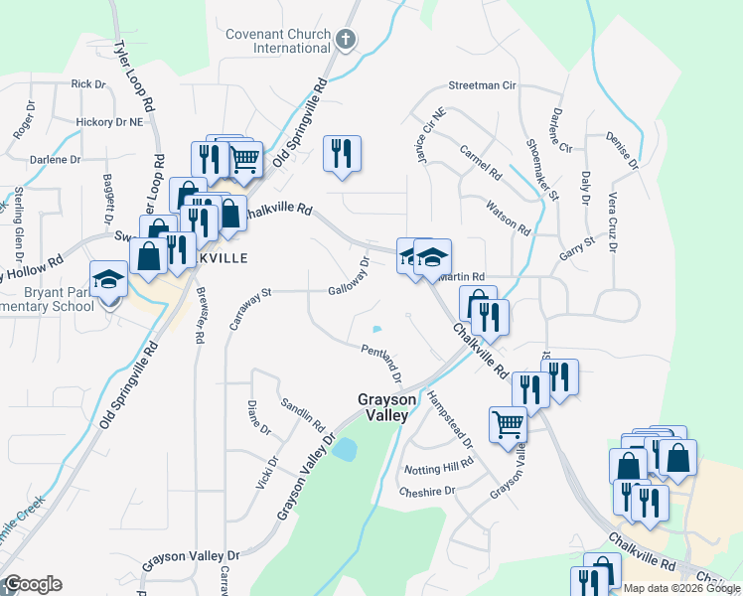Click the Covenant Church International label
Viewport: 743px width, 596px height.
click(277, 40)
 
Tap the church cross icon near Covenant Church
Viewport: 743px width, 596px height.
click(345, 40)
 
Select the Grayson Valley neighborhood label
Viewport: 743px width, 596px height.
click(382, 407)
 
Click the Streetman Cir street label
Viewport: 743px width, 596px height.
click(482, 85)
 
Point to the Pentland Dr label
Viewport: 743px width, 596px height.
click(380, 363)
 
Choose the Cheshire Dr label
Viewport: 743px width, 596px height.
click(426, 491)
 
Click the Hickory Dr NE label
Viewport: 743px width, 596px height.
click(109, 122)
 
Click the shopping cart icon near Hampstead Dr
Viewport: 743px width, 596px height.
click(508, 424)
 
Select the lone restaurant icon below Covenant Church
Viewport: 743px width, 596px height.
click(342, 154)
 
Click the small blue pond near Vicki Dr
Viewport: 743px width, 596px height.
click(345, 450)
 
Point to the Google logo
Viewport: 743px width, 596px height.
click(32, 584)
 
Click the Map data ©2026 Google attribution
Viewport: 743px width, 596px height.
click(682, 588)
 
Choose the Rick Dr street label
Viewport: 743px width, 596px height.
click(88, 85)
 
